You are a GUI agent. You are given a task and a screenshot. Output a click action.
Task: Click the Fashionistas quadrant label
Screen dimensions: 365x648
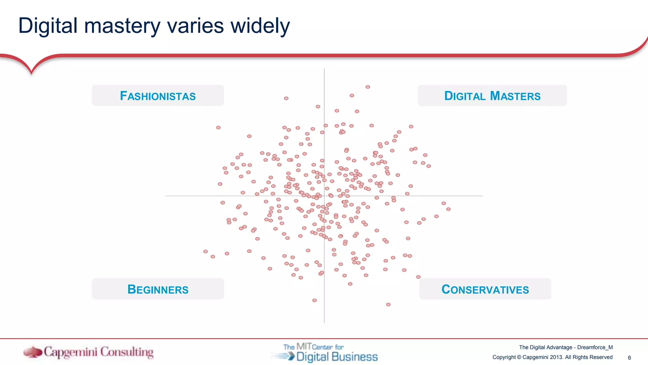click(158, 96)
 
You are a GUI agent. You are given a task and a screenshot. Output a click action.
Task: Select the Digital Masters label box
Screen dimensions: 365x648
click(492, 96)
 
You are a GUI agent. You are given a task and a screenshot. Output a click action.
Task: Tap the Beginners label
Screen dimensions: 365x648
click(158, 289)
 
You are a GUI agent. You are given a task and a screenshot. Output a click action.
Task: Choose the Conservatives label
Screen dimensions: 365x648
click(485, 289)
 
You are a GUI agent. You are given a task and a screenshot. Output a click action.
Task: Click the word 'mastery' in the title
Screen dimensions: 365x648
click(122, 26)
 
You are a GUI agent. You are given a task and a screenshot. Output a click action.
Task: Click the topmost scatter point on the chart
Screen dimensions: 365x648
click(368, 87)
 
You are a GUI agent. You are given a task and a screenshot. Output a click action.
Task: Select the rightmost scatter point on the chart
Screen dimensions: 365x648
click(448, 209)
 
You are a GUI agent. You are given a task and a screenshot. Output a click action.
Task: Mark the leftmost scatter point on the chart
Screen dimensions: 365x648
click(206, 252)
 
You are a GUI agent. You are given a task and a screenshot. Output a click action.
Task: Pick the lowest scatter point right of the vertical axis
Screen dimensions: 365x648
click(388, 304)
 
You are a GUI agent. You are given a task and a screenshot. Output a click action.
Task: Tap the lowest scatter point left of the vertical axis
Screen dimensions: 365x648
click(315, 300)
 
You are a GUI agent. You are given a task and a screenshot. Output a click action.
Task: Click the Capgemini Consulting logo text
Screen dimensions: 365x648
click(98, 352)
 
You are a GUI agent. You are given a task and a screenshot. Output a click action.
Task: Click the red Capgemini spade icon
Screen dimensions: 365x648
click(33, 352)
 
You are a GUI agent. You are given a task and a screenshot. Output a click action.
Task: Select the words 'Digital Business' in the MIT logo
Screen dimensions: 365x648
click(337, 357)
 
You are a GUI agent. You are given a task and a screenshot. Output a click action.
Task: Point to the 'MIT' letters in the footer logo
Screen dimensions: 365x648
click(304, 346)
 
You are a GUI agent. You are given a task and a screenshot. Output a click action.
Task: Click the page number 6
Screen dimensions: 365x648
click(629, 358)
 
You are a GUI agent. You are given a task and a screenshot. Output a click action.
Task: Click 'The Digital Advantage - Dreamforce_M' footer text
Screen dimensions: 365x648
click(566, 347)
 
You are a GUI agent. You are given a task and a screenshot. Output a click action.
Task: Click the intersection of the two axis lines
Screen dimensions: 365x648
click(324, 196)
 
